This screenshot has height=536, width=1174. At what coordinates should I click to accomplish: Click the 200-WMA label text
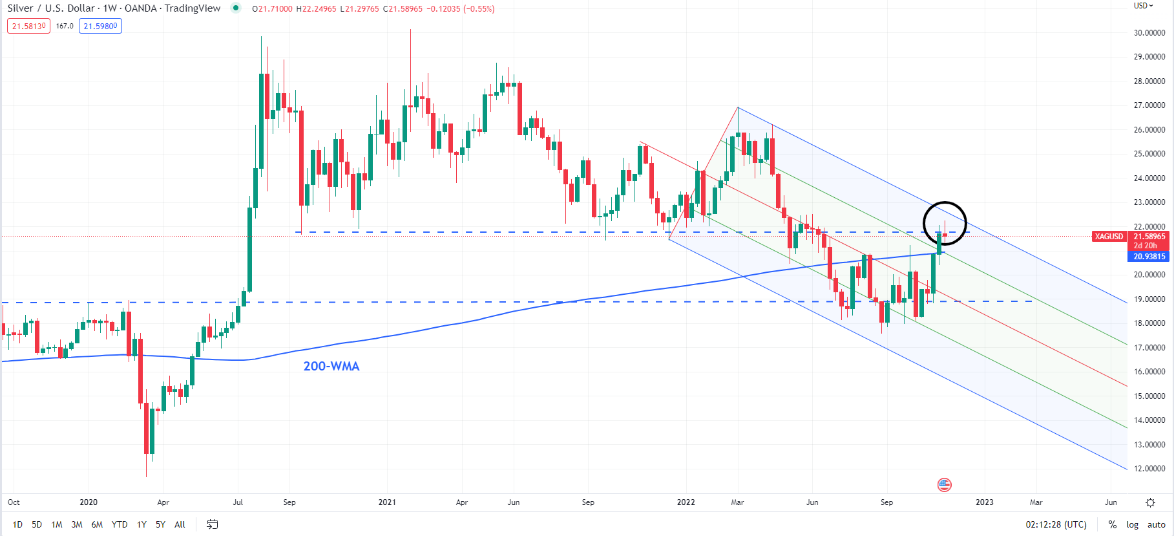(331, 366)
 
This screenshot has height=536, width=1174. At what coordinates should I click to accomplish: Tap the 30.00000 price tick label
(1149, 32)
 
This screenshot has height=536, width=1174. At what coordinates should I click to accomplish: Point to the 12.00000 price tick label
(1149, 468)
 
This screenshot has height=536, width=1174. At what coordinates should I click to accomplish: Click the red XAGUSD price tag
(1109, 237)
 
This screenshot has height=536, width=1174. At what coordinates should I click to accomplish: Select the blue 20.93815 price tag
(1149, 257)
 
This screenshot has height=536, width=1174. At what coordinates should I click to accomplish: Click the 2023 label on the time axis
(984, 502)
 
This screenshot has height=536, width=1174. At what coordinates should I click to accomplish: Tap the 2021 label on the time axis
(387, 502)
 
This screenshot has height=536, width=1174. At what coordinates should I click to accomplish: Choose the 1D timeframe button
(17, 524)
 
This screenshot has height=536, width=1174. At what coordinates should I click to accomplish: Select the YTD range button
(120, 524)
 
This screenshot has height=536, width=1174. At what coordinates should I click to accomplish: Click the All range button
(180, 524)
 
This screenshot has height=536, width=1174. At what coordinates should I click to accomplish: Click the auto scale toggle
(1156, 524)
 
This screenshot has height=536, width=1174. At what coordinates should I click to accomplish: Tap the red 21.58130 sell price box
(28, 26)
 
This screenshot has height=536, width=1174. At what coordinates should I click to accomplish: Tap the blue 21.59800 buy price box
(100, 26)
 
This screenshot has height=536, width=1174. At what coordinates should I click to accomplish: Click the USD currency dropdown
(1143, 6)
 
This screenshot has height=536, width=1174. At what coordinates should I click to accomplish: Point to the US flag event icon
(945, 484)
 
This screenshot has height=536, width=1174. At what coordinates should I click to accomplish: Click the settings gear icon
(1150, 502)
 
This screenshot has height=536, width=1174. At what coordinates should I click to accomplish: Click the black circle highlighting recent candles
(945, 223)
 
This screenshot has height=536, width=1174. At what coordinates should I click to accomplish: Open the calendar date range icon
(212, 524)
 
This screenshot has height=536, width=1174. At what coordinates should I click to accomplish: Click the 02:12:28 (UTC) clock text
(1056, 524)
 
